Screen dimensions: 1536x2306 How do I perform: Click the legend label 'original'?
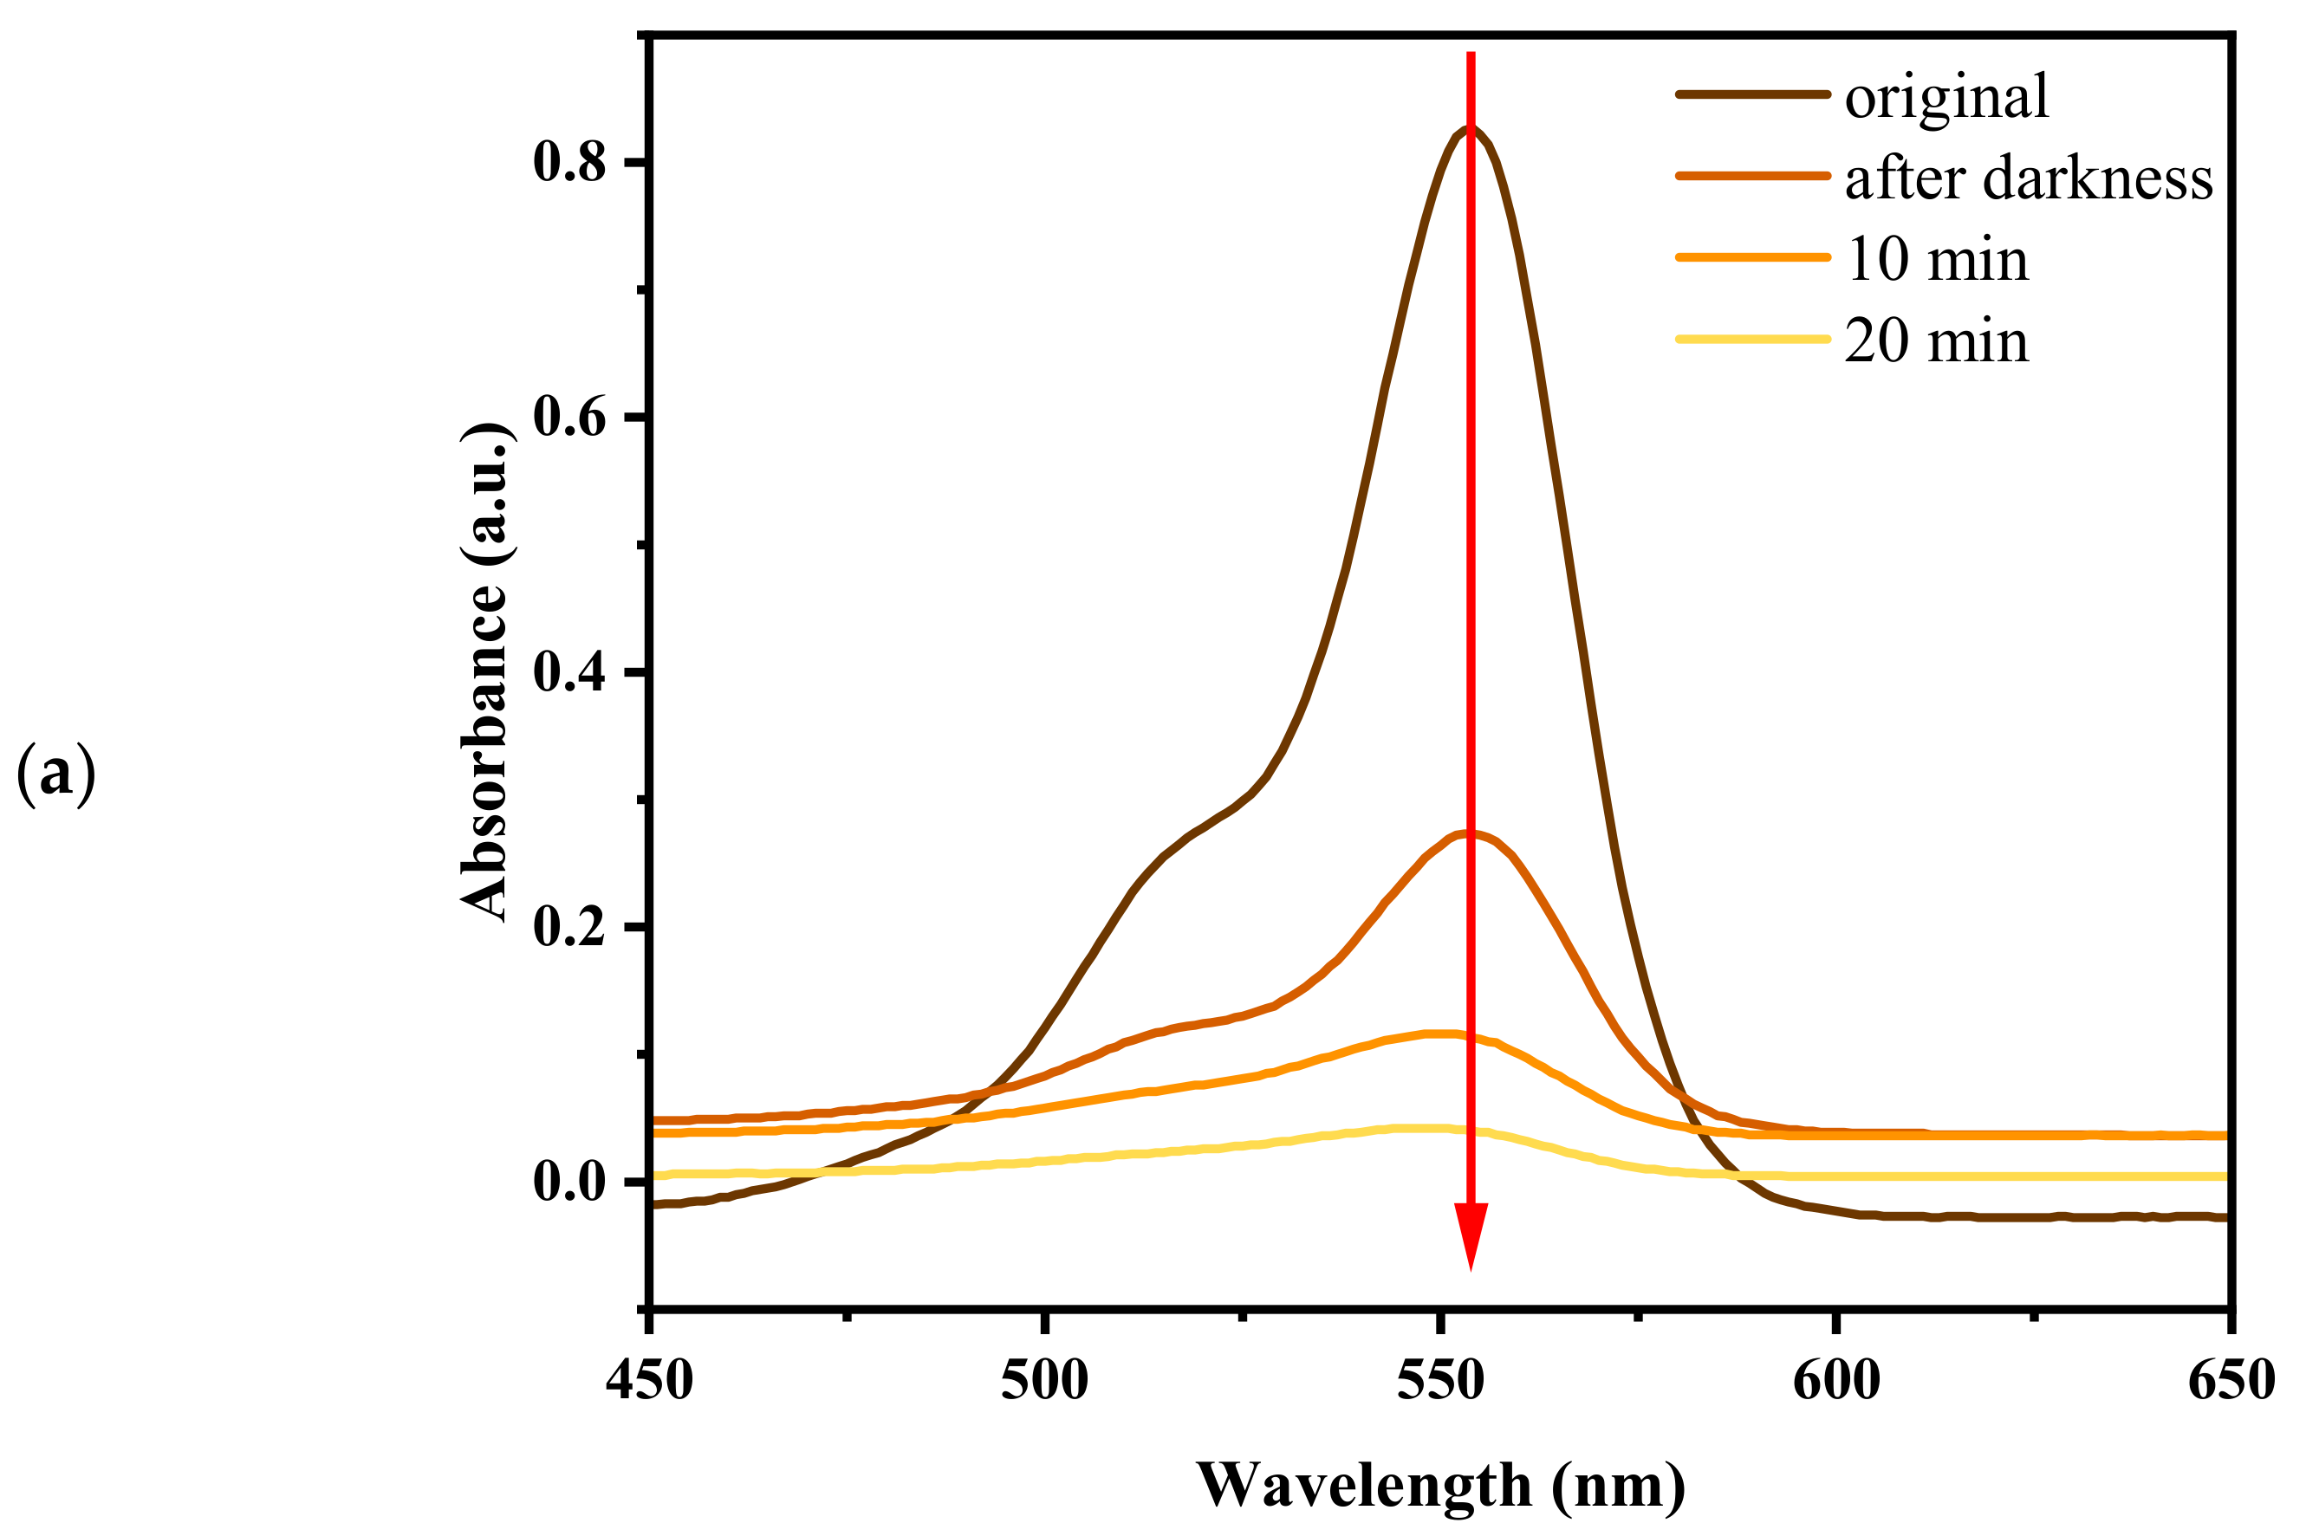pyautogui.click(x=1945, y=97)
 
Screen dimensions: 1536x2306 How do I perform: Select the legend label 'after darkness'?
pyautogui.click(x=2028, y=178)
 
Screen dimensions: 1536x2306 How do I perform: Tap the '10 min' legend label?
pyautogui.click(x=1936, y=260)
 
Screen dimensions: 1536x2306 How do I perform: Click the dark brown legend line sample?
pyautogui.click(x=1751, y=95)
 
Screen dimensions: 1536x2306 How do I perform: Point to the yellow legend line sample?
pyautogui.click(x=1751, y=339)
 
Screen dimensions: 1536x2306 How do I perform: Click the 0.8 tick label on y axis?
pyautogui.click(x=570, y=162)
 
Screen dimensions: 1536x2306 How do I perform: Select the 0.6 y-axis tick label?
pyautogui.click(x=570, y=418)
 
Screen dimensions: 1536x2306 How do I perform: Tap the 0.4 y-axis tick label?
pyautogui.click(x=570, y=672)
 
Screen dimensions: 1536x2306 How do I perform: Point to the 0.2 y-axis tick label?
pyautogui.click(x=570, y=927)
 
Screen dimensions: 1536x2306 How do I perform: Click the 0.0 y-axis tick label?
pyautogui.click(x=570, y=1182)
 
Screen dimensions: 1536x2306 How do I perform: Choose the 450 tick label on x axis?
pyautogui.click(x=649, y=1381)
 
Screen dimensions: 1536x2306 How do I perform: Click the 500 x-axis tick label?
pyautogui.click(x=1044, y=1381)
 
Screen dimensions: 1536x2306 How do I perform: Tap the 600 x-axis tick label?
pyautogui.click(x=1835, y=1381)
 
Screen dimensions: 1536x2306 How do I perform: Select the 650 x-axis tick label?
pyautogui.click(x=2230, y=1381)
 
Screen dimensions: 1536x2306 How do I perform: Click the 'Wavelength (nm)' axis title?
pyautogui.click(x=1441, y=1486)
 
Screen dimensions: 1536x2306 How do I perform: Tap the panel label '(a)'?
pyautogui.click(x=55, y=773)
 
